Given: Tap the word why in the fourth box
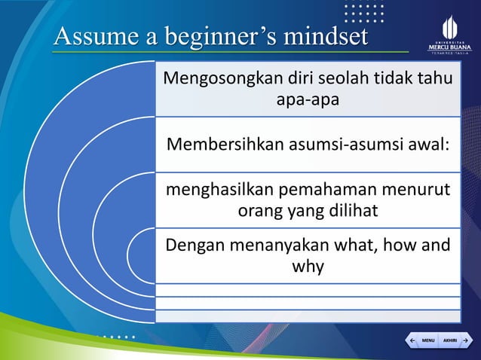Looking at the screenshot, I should [x=305, y=266].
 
